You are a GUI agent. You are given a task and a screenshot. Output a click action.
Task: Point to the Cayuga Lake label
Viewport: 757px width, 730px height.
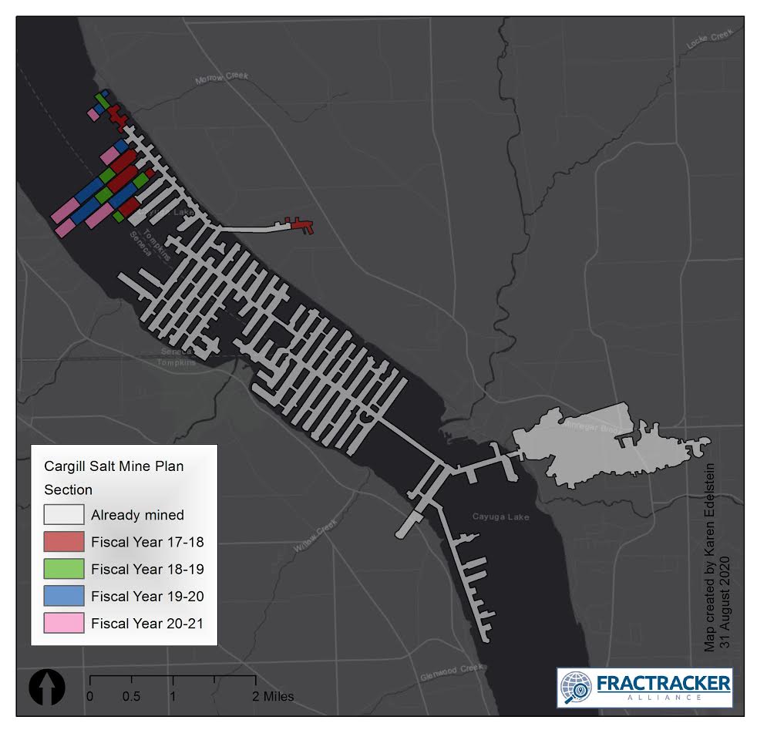coord(500,517)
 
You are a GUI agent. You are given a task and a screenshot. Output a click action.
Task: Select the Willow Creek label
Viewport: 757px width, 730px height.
coord(315,535)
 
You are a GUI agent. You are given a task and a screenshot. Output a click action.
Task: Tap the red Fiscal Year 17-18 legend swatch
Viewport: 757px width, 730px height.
coord(64,542)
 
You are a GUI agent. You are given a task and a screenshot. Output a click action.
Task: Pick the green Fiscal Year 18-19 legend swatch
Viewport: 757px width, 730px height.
coord(64,569)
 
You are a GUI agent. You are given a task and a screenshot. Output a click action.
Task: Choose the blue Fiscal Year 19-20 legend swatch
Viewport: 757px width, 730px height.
coord(64,596)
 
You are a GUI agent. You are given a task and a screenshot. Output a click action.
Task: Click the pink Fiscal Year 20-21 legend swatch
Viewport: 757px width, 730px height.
coord(64,622)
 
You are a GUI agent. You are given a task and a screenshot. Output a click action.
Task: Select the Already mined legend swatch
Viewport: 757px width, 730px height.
coord(64,515)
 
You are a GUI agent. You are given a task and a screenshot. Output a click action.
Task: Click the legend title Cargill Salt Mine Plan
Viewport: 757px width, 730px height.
coord(113,466)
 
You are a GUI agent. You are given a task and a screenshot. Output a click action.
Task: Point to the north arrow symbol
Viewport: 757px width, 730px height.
coord(47,688)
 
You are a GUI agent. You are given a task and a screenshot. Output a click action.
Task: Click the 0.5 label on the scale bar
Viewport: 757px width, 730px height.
coord(131,697)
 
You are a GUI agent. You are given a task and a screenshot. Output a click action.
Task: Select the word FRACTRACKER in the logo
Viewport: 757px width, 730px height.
coord(663,682)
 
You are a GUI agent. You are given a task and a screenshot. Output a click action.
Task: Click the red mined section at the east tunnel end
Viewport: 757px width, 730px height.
coord(300,225)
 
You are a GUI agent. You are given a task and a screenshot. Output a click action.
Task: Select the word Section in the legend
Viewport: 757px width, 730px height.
coord(68,489)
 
